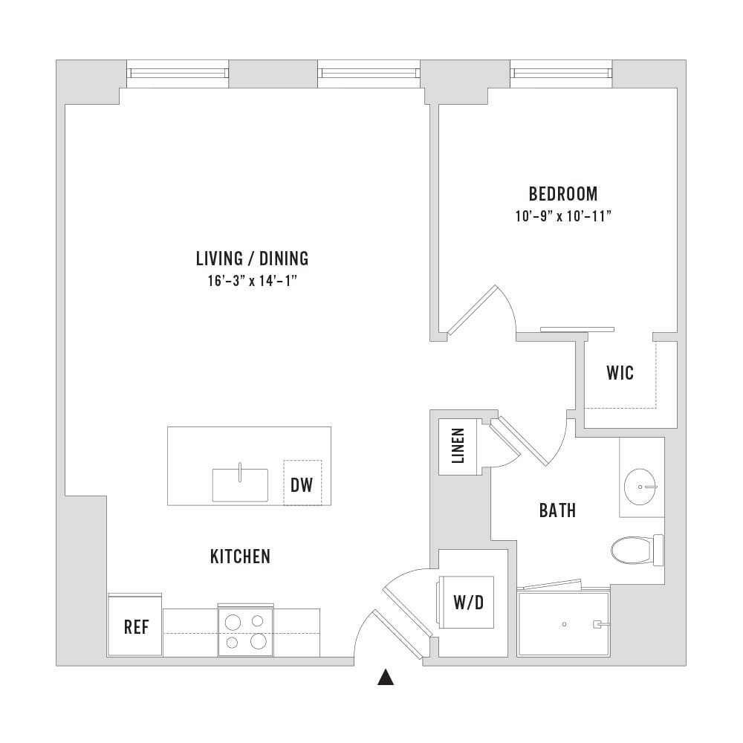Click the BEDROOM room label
pyautogui.click(x=563, y=194)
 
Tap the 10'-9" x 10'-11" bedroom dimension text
pyautogui.click(x=563, y=216)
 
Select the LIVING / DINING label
pyautogui.click(x=252, y=259)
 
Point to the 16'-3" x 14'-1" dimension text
pyautogui.click(x=252, y=281)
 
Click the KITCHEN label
pyautogui.click(x=240, y=557)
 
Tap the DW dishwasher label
pyautogui.click(x=302, y=484)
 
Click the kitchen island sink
pyautogui.click(x=240, y=484)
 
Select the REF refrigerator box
pyautogui.click(x=135, y=625)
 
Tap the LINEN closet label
pyautogui.click(x=458, y=446)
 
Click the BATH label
pyautogui.click(x=558, y=511)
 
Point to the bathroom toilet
pyautogui.click(x=637, y=550)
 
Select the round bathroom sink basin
pyautogui.click(x=641, y=487)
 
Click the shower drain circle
pyautogui.click(x=564, y=624)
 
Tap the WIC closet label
pyautogui.click(x=620, y=374)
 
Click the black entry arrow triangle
pyautogui.click(x=386, y=677)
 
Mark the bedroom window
pyautogui.click(x=562, y=73)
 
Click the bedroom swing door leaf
pyautogui.click(x=473, y=310)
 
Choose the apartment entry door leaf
pyautogui.click(x=398, y=634)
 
